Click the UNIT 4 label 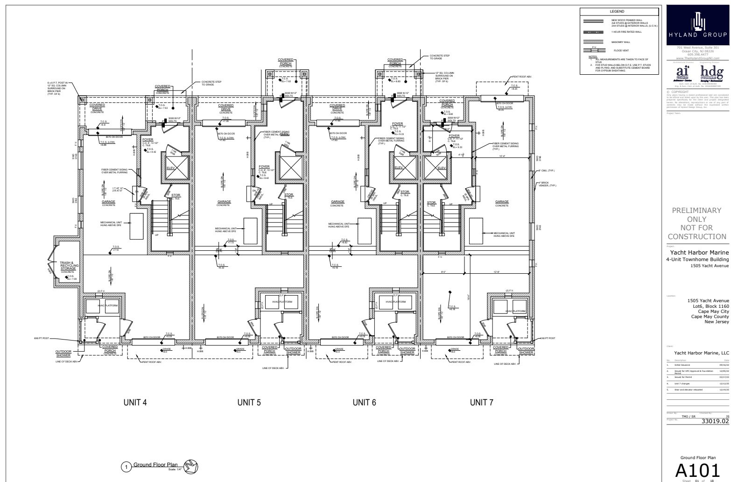[x=135, y=403]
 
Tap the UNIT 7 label [x=481, y=403]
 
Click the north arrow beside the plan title [x=191, y=466]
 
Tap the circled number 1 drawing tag [x=125, y=467]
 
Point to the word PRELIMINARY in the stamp [x=696, y=211]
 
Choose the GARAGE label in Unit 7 [x=502, y=202]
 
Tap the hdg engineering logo [x=711, y=72]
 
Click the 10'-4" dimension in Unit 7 [x=502, y=156]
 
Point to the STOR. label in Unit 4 [x=176, y=195]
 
